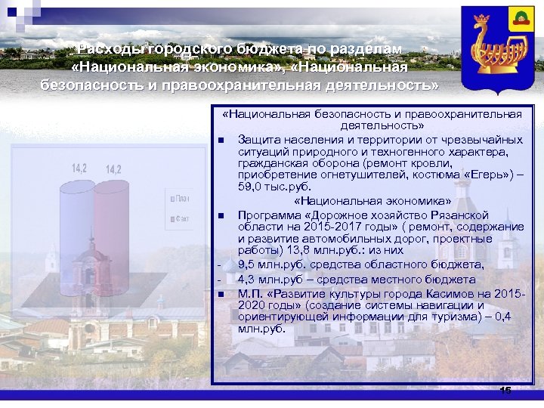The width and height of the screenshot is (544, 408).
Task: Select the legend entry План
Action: tap(182, 199)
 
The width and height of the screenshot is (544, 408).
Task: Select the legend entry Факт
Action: tap(182, 219)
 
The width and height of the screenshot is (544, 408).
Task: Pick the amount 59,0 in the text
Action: tap(249, 187)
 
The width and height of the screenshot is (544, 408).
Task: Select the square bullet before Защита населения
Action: tap(219, 141)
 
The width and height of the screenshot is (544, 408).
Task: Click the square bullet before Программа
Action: tap(219, 216)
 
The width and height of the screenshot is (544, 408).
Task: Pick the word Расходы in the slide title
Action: tap(110, 48)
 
